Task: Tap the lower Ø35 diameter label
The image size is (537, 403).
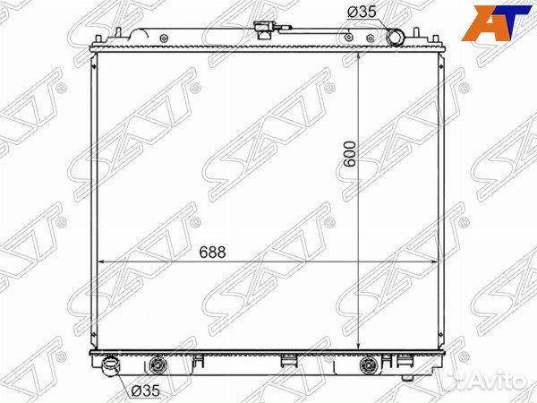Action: tap(146, 390)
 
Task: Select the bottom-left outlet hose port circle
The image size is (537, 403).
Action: tap(111, 366)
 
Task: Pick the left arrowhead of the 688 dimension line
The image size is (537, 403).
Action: tap(98, 261)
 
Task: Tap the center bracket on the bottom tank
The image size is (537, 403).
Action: tap(287, 362)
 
